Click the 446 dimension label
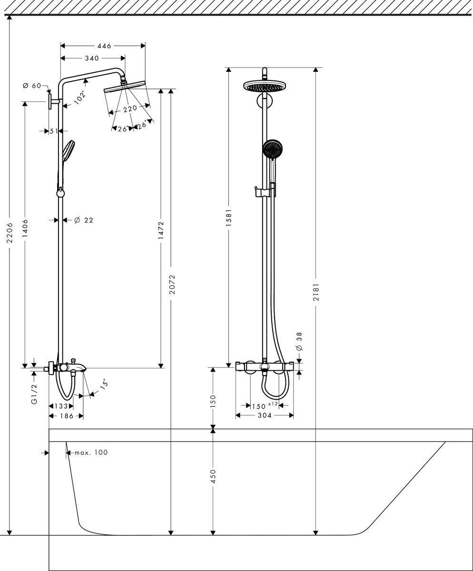[x=104, y=46]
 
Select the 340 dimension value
[x=91, y=58]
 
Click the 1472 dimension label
[x=161, y=230]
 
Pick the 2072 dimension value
[x=172, y=284]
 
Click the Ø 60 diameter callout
[x=32, y=86]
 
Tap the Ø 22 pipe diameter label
[x=84, y=220]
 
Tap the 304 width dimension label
[x=265, y=415]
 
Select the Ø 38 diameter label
[x=299, y=342]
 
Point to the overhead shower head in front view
[x=265, y=87]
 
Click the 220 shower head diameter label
[x=129, y=109]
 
